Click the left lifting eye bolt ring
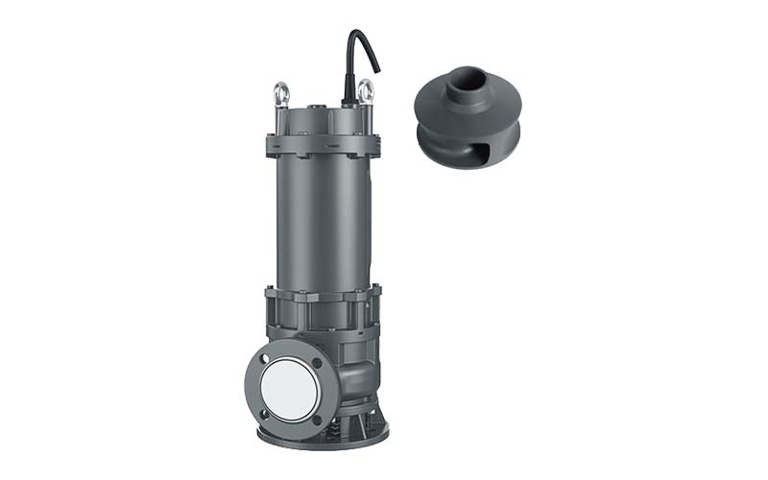[x=280, y=94]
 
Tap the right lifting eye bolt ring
[x=365, y=92]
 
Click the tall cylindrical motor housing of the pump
[x=322, y=221]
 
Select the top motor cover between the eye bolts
[x=322, y=120]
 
